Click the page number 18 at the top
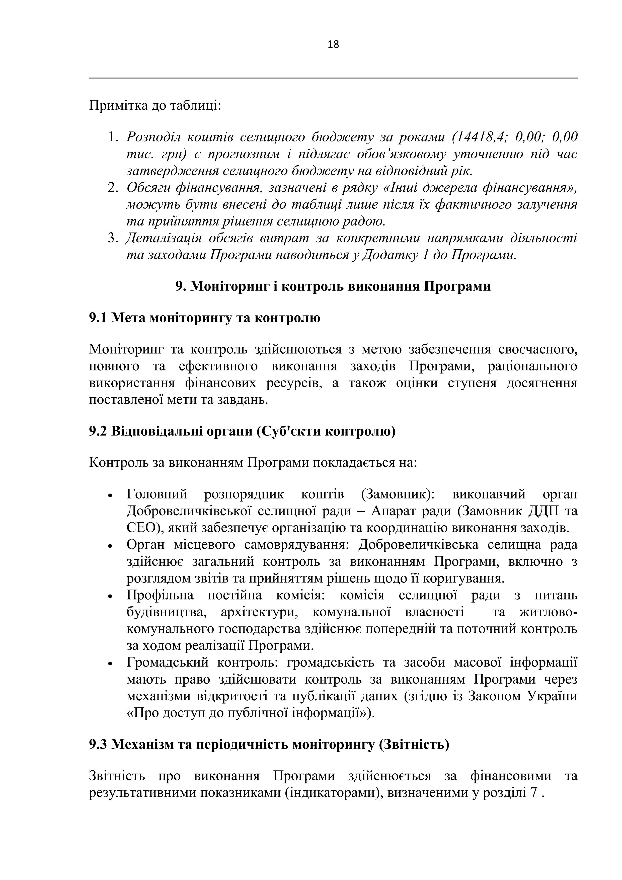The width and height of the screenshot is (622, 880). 333,44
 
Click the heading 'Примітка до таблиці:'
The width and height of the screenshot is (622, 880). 155,105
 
